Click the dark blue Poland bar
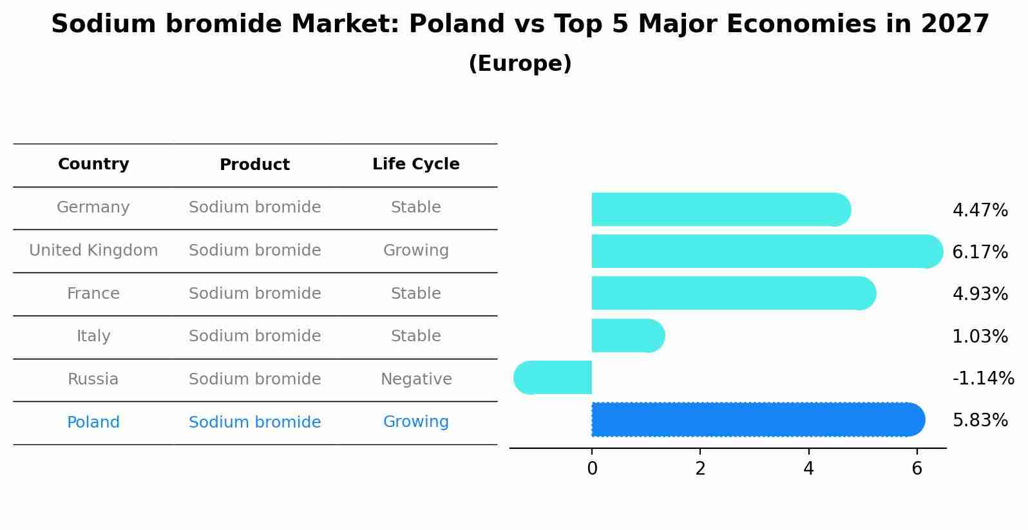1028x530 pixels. [x=754, y=419]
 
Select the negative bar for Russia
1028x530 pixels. [x=555, y=377]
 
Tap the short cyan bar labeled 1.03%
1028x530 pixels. [x=625, y=336]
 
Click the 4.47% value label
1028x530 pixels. [x=980, y=211]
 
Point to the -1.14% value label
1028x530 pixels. [x=983, y=378]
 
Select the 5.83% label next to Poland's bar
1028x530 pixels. [x=980, y=421]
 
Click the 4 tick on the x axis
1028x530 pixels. [x=808, y=469]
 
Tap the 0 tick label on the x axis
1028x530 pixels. [x=592, y=469]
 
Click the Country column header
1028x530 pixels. [x=93, y=164]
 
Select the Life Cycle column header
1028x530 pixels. [x=415, y=164]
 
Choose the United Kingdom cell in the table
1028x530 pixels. [x=93, y=251]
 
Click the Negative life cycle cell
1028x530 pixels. [x=416, y=379]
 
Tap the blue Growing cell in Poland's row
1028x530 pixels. [x=416, y=422]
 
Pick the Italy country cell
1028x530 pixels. [x=93, y=336]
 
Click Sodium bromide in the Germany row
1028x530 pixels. [x=254, y=207]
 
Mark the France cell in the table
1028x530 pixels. [x=93, y=294]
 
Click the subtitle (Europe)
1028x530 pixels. [x=520, y=64]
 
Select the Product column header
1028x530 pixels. [x=254, y=165]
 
